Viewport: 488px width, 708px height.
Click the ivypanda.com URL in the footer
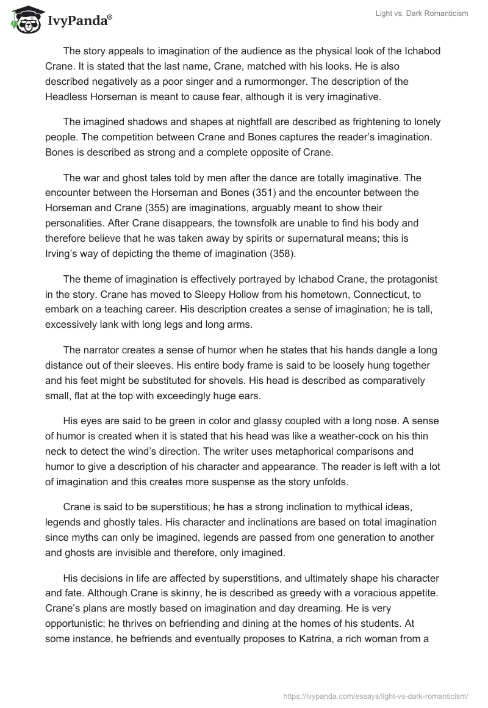coord(376,695)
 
